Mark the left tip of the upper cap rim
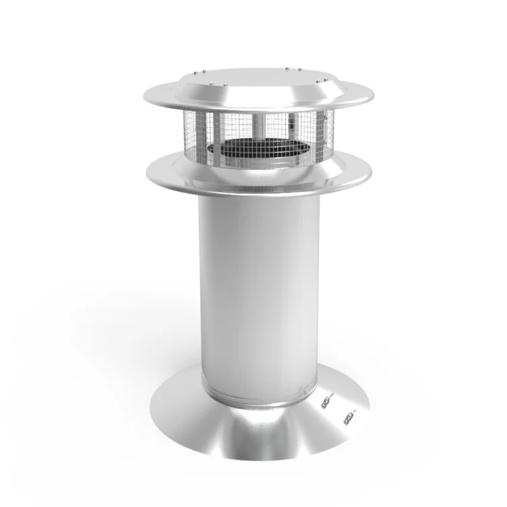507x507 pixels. (145, 95)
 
